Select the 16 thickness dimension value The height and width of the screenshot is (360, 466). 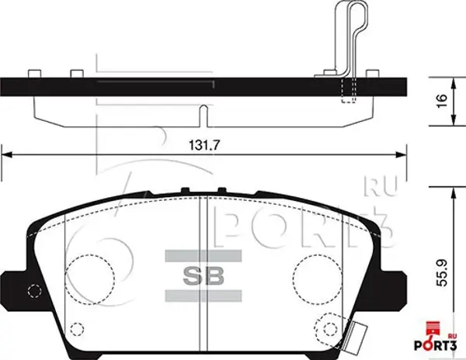[440, 100]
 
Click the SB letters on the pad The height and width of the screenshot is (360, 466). [203, 274]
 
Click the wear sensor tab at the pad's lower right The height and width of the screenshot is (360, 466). [359, 334]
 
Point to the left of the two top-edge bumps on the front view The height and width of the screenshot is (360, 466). [184, 190]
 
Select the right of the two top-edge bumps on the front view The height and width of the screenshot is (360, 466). [221, 190]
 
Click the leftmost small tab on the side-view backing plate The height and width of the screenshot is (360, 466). [33, 74]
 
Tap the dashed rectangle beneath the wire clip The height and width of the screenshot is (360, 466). [348, 90]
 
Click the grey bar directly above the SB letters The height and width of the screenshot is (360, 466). [203, 255]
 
